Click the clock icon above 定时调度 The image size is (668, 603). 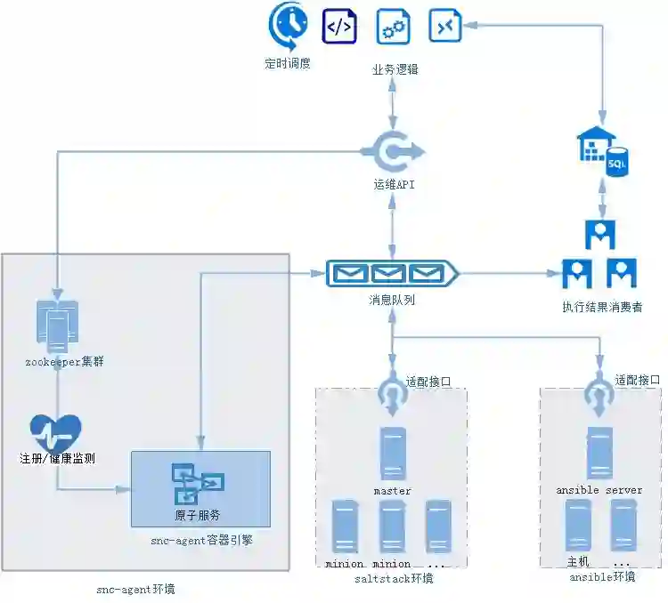pos(288,26)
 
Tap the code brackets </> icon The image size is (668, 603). pos(339,27)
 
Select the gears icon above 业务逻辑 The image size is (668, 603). pos(393,27)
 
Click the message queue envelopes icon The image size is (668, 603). pos(392,274)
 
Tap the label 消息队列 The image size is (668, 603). pos(392,300)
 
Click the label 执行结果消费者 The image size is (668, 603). pos(602,307)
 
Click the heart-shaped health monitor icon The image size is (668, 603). pos(56,432)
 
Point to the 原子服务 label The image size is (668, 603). pos(197,515)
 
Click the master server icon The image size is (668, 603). pos(393,454)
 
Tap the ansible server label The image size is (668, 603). pos(599,490)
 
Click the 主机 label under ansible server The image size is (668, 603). pos(578,562)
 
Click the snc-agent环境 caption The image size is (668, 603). pos(134,590)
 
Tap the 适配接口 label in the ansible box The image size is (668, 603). pos(638,381)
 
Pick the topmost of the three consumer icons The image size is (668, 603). pos(599,233)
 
